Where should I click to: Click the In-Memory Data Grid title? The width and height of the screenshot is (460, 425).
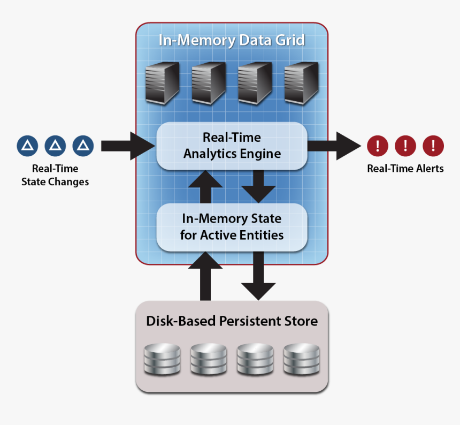232,41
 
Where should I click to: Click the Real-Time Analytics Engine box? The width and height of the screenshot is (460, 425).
232,146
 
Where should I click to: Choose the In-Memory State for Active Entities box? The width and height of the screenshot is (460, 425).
232,227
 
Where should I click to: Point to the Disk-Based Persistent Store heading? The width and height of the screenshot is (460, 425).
232,321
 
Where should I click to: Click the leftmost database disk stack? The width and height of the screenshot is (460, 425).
163,359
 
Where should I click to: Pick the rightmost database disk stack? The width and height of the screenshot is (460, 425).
301,359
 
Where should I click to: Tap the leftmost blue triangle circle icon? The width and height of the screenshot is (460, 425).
27,145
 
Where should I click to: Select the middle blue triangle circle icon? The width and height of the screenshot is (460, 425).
55,145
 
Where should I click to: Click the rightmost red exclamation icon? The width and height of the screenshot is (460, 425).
433,145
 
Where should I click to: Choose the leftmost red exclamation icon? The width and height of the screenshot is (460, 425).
378,145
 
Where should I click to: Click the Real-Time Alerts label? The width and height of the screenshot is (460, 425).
405,169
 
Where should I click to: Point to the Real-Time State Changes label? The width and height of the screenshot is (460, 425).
55,175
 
